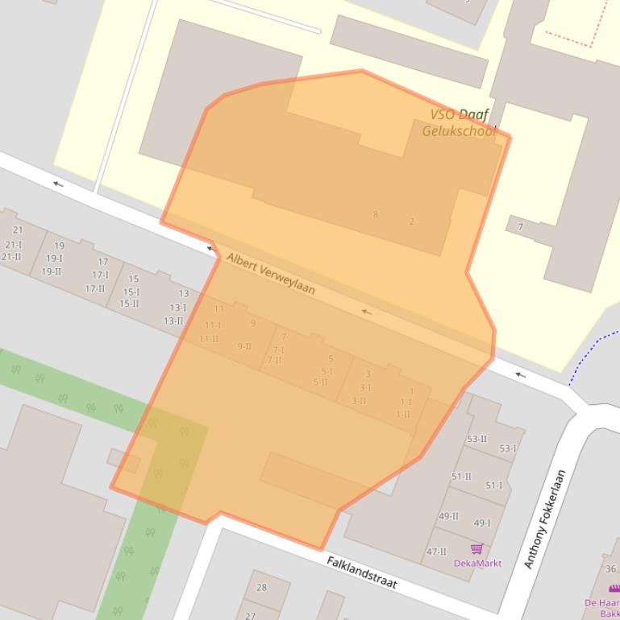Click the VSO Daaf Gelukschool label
(460, 122)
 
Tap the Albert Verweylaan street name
(270, 273)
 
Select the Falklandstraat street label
(362, 572)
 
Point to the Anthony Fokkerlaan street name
(545, 519)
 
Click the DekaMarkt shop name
(477, 563)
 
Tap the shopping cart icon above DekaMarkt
(476, 548)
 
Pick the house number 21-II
(11, 257)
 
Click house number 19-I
(54, 258)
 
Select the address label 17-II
(95, 288)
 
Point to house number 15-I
(131, 292)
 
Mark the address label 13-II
(173, 320)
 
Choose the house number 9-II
(243, 346)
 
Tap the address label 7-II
(275, 360)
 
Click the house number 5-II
(321, 382)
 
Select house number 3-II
(359, 400)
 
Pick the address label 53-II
(476, 439)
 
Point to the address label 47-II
(436, 552)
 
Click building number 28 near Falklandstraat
(261, 587)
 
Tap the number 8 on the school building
(375, 214)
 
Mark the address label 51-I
(493, 486)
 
